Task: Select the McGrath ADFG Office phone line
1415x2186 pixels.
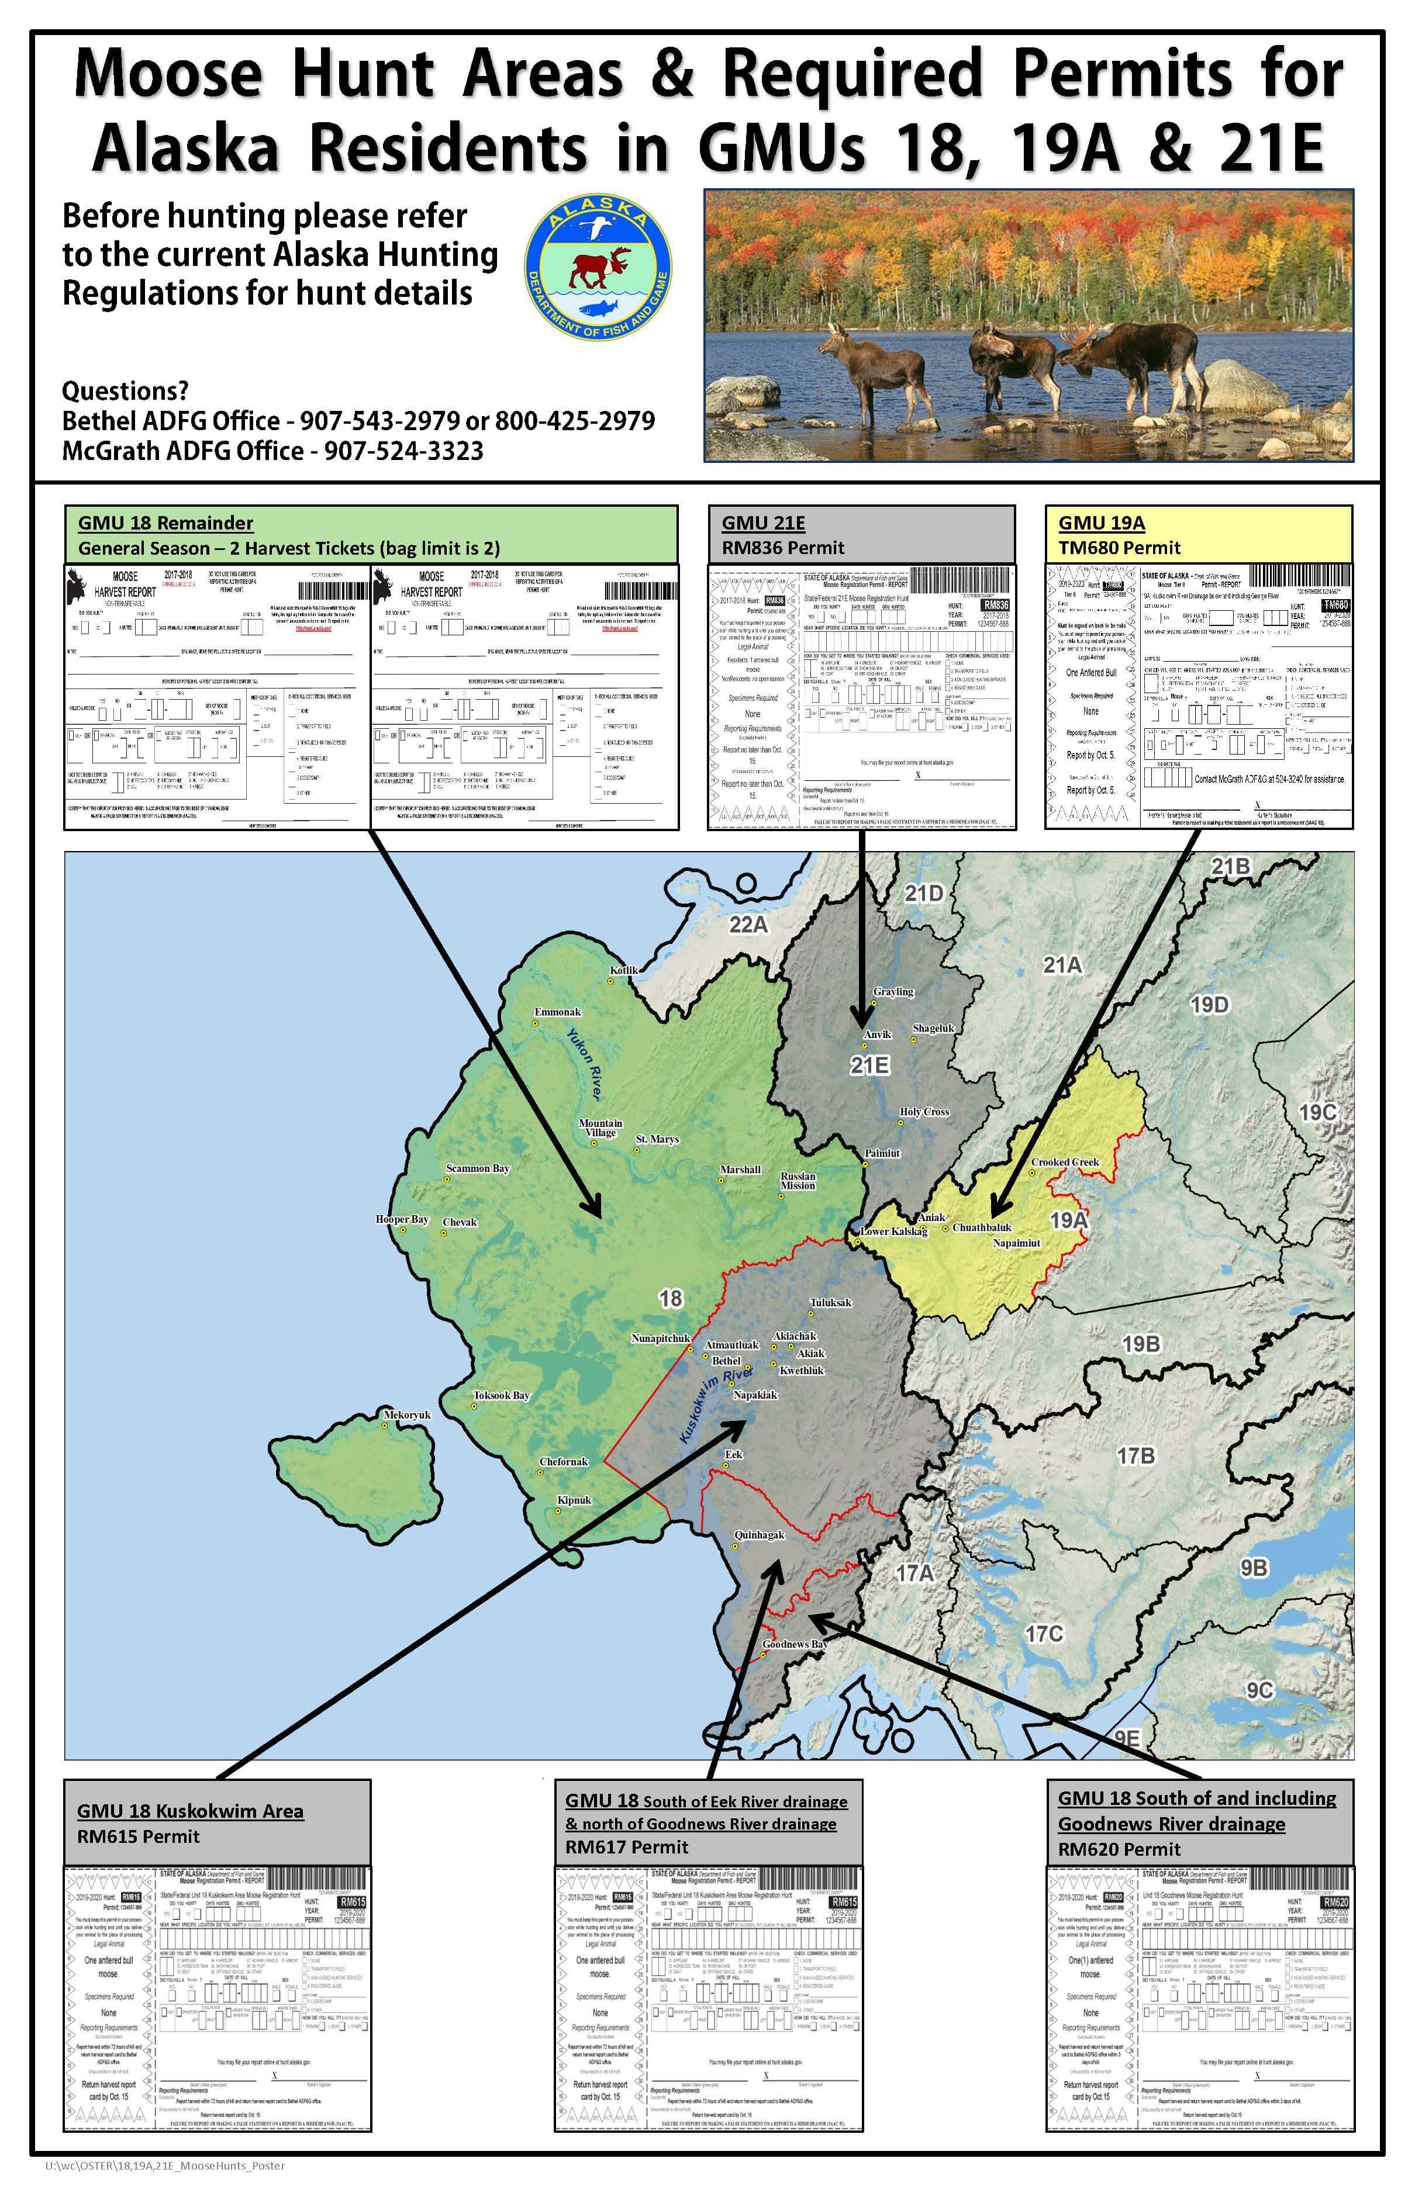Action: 272,450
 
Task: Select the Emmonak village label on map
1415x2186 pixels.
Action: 558,1012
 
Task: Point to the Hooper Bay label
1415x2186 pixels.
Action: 402,1220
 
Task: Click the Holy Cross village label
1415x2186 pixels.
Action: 923,1111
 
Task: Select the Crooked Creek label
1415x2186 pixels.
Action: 1064,1162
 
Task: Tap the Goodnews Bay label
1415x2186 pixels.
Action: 795,1644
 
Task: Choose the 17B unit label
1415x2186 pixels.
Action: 1136,1456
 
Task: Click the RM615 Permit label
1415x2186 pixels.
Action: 138,1836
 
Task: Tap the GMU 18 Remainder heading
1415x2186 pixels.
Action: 165,523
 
